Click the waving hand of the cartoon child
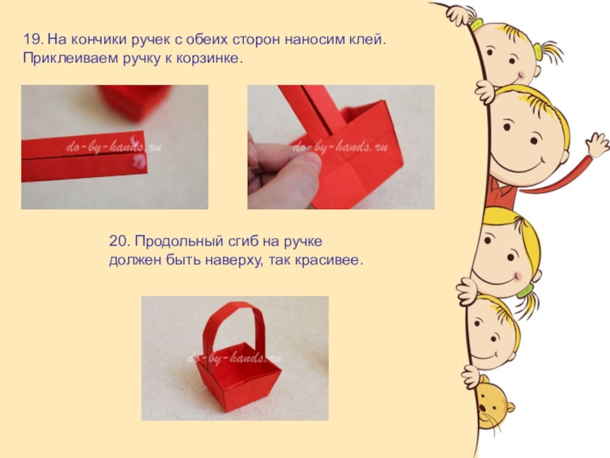[596, 144]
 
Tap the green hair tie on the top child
[476, 24]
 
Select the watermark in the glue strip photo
[113, 147]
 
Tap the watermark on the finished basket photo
[234, 357]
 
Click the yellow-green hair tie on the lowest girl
[525, 291]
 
